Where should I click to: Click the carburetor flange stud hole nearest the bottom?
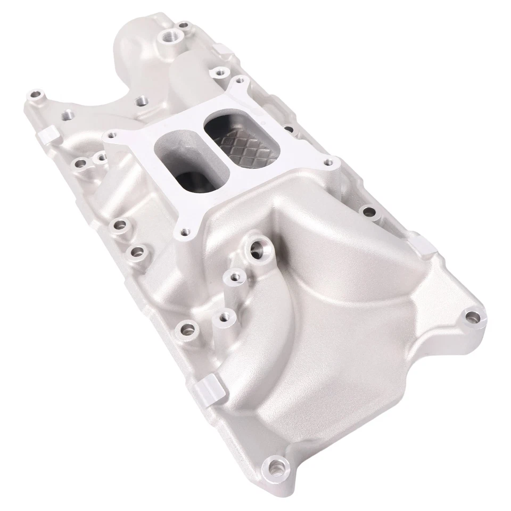tap(185, 232)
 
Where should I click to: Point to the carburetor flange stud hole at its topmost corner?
tap(240, 81)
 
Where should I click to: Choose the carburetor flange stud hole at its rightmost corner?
tap(328, 161)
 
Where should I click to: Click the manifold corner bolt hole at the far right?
tap(470, 318)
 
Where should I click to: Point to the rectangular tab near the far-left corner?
tap(48, 135)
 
